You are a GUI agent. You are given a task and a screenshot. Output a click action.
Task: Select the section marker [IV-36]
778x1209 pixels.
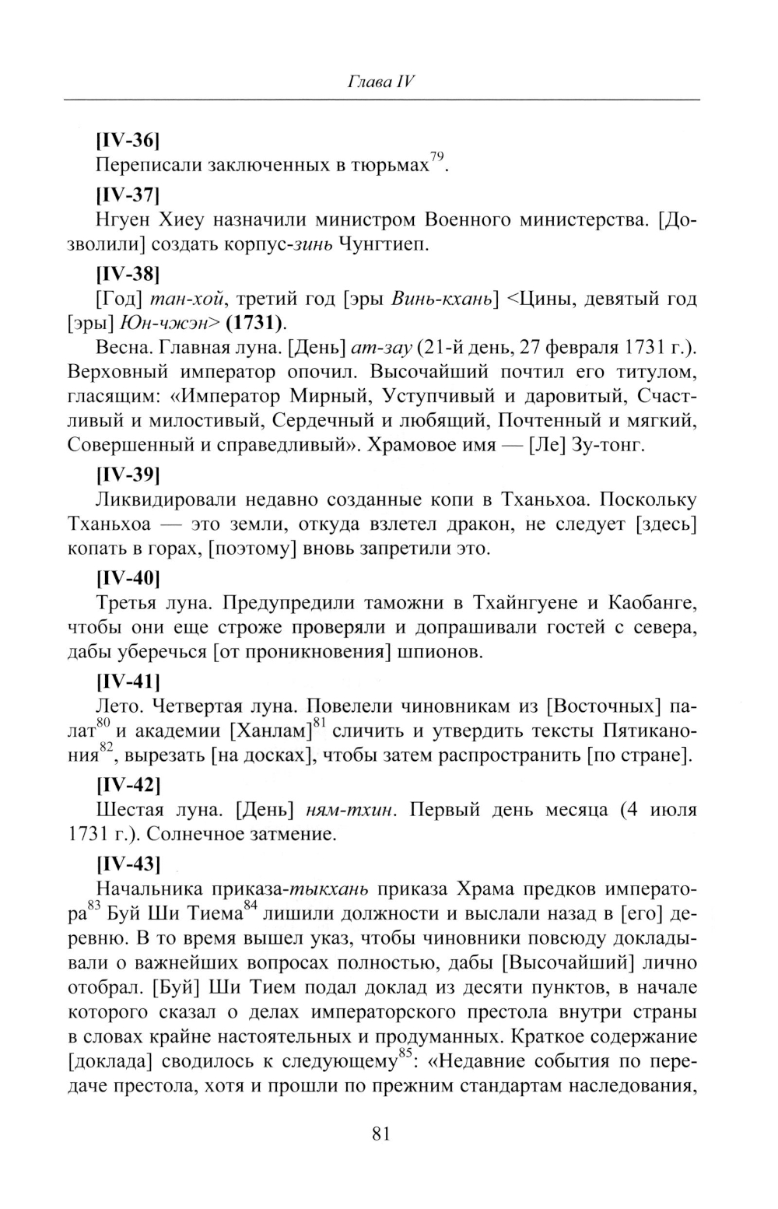click(x=128, y=141)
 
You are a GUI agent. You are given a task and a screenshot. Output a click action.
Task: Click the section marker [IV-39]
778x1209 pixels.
click(x=128, y=475)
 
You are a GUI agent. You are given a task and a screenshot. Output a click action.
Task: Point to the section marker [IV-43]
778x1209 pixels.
click(x=128, y=863)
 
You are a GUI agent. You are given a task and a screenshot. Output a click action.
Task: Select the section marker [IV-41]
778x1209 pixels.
click(x=128, y=682)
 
